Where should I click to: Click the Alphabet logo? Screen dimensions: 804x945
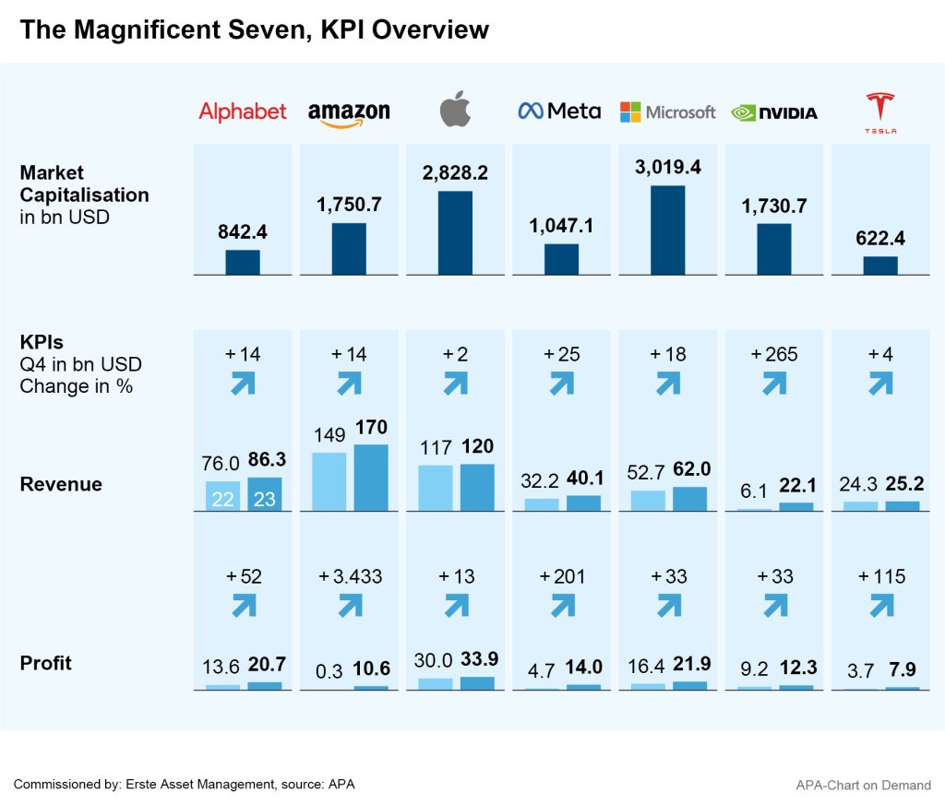(243, 112)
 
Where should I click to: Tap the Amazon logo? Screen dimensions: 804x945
(349, 113)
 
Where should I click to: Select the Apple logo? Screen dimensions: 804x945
(455, 110)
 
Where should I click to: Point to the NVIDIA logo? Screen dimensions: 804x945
(774, 112)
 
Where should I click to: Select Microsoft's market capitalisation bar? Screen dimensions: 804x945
(667, 230)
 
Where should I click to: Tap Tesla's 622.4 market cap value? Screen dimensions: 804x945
(880, 239)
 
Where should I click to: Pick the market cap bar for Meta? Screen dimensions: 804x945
(561, 259)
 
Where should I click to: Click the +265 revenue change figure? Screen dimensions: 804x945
(774, 354)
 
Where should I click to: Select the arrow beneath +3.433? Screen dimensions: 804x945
(350, 605)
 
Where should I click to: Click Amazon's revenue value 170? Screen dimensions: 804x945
(371, 427)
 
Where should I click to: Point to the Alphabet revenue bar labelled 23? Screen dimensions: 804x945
(265, 494)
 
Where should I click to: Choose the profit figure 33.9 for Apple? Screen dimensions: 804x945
(477, 660)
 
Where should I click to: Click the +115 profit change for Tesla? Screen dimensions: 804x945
(881, 576)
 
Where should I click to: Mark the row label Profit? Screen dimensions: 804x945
(45, 663)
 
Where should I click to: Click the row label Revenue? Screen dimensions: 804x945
(61, 484)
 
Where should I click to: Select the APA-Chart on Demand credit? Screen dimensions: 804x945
(863, 786)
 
